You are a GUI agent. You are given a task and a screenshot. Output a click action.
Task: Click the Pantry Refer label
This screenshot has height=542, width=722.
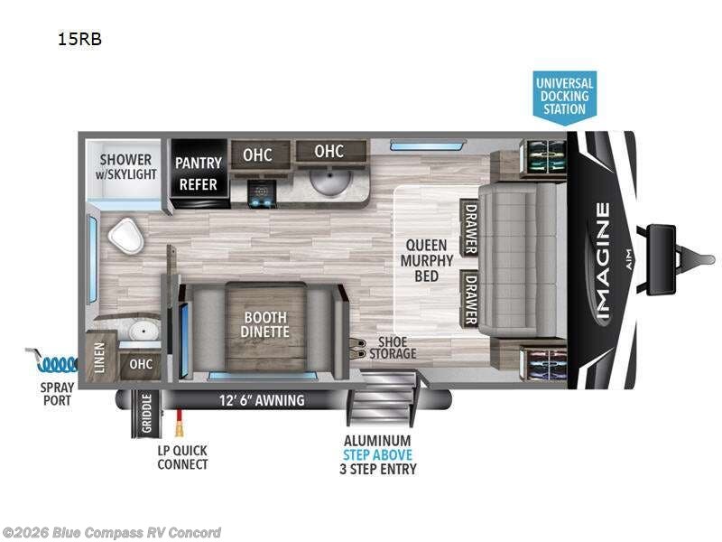point(198,173)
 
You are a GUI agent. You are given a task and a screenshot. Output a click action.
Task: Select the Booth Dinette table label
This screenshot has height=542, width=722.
point(265,324)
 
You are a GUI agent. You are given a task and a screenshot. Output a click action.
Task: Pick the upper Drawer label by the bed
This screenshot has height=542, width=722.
point(470,227)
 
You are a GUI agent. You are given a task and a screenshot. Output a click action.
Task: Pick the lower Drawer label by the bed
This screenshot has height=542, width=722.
point(470,297)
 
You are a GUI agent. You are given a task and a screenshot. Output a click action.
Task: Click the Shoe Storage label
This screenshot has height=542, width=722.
point(393,348)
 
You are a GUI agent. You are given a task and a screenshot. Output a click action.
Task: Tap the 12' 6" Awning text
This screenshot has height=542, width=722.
point(262,400)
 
